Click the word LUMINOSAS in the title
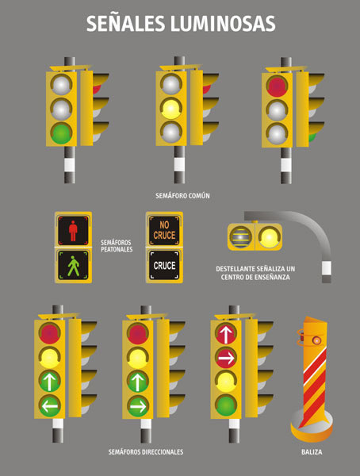point(223,24)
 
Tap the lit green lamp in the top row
point(61,133)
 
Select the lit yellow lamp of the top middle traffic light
point(171,109)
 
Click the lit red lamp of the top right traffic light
point(277,86)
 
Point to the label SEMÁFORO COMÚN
point(182,196)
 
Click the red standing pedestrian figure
point(73,231)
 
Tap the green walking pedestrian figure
point(74,266)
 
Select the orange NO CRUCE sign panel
point(164,230)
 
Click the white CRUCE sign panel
point(164,265)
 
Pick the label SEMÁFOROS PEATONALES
point(117,246)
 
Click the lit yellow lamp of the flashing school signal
point(269,236)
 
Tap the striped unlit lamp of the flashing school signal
point(241,236)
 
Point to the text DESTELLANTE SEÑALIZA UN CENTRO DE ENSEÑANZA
point(255,273)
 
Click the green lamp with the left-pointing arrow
point(49,405)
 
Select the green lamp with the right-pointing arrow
point(137,405)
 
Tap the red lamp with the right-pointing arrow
point(226,358)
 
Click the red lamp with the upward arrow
point(226,333)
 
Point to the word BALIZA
point(312,452)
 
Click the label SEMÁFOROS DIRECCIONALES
point(146,452)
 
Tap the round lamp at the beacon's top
point(317,340)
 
